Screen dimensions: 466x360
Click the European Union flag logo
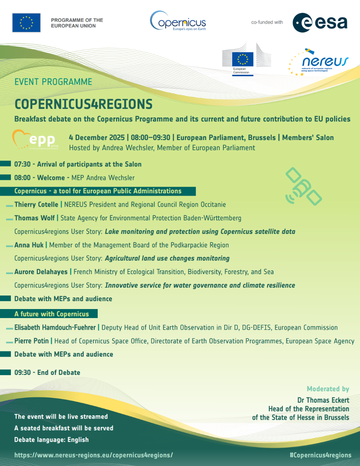tap(26, 23)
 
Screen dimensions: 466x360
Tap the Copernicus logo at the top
tap(178, 21)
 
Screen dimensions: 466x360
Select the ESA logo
tap(320, 23)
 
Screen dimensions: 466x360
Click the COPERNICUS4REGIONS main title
tap(83, 104)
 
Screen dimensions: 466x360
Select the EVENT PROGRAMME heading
tap(53, 82)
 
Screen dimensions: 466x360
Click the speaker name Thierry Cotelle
tap(36, 205)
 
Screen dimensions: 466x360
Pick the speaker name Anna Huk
tap(29, 245)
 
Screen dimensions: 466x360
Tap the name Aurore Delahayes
tap(41, 272)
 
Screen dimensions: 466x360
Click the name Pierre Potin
tap(32, 341)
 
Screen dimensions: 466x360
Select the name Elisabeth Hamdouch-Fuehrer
tap(55, 327)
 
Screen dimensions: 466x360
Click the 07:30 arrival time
tap(22, 164)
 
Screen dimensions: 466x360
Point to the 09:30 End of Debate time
tap(23, 372)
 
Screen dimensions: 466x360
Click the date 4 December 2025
tap(97, 138)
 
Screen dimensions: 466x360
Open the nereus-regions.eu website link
tap(94, 455)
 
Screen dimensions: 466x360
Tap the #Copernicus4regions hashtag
tap(320, 455)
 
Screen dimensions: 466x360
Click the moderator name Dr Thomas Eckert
tap(323, 400)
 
